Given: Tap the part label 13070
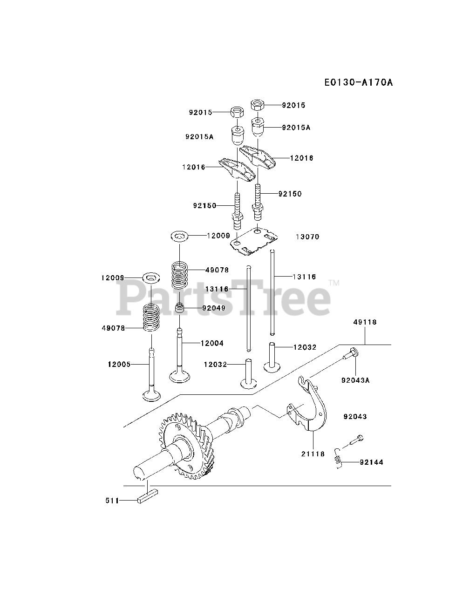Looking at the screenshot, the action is [x=307, y=237].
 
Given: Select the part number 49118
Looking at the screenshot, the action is [x=365, y=322].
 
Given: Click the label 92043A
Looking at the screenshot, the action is [x=355, y=380].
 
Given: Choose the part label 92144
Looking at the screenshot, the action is [x=371, y=463].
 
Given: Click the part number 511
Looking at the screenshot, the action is [x=112, y=501].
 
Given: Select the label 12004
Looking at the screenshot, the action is [x=212, y=344].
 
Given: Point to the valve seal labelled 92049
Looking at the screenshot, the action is [x=180, y=308].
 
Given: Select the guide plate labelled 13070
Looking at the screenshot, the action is [x=255, y=241].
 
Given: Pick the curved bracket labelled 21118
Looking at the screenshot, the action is [x=310, y=405].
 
